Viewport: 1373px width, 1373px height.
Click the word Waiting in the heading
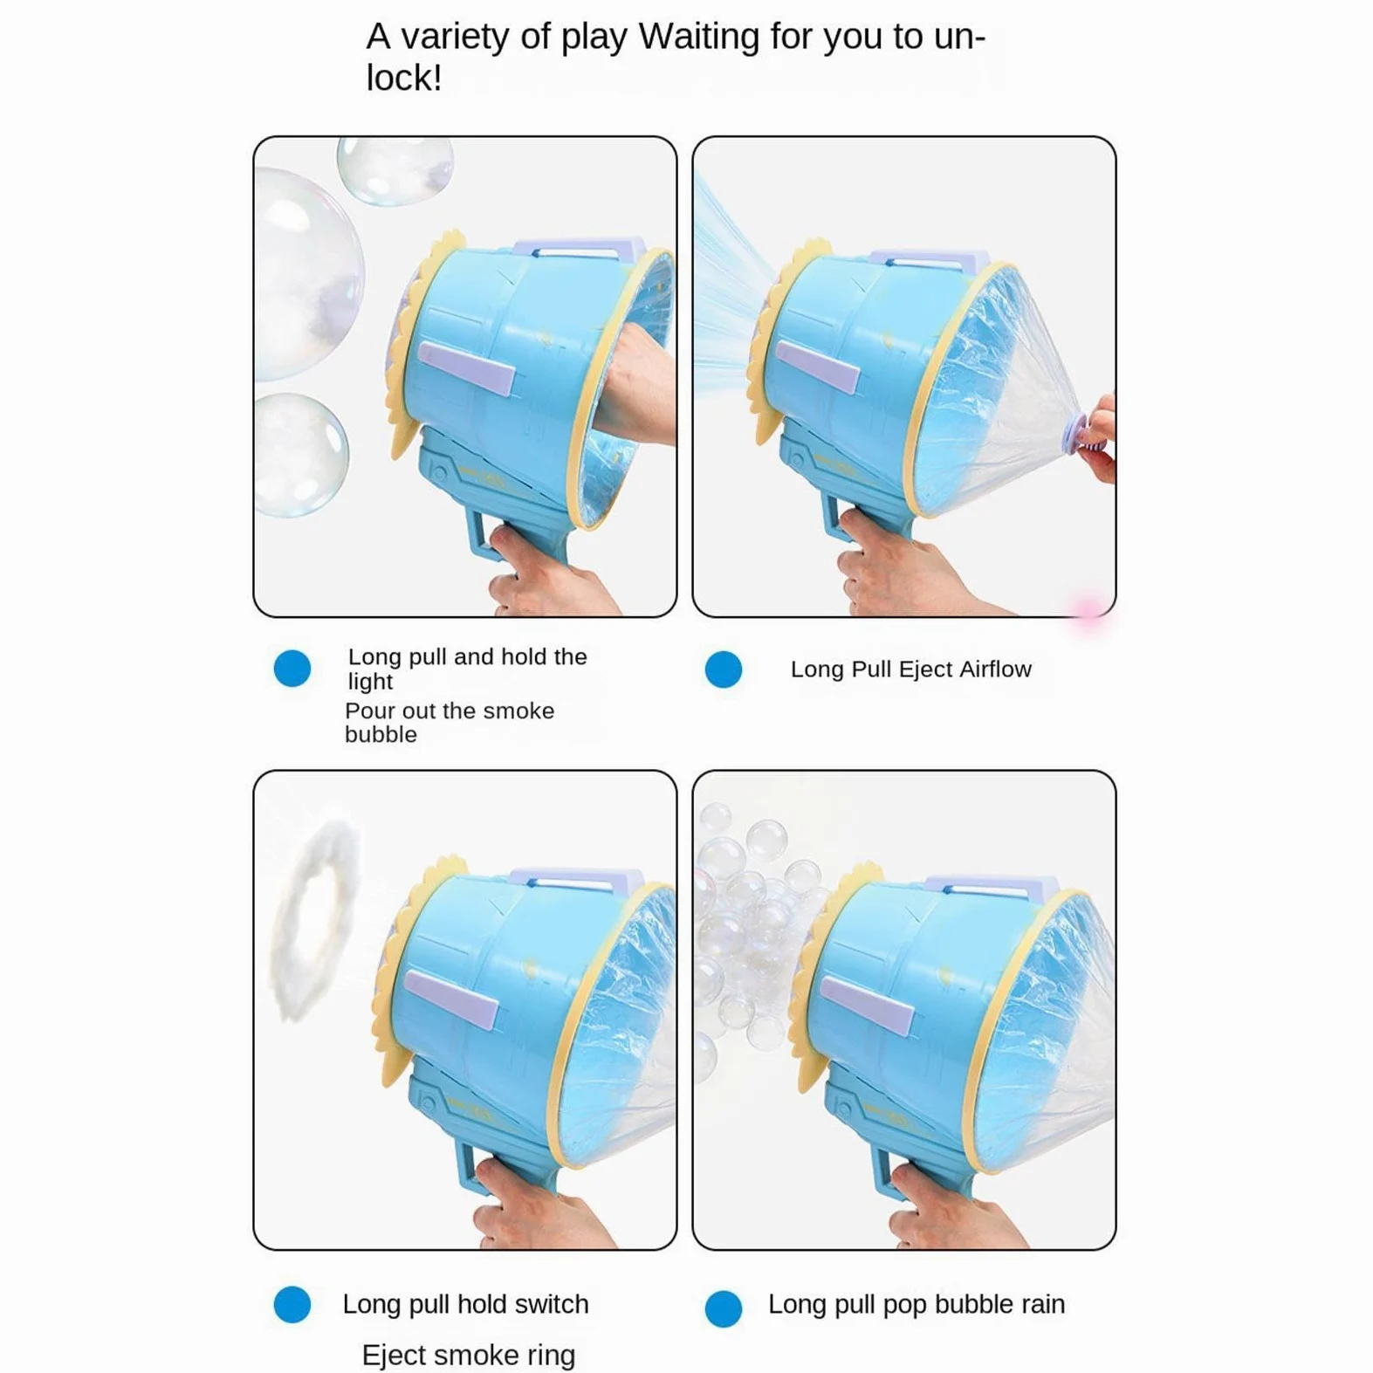[x=699, y=38]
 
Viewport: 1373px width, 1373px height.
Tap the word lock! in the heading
[x=404, y=78]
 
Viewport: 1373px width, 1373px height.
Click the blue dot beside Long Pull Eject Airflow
[x=724, y=669]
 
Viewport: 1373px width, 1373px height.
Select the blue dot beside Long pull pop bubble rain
[x=724, y=1308]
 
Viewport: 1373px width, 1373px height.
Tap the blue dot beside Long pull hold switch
[x=292, y=1304]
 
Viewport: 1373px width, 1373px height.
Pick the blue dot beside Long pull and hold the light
[x=292, y=669]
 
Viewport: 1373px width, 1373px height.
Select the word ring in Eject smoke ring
[x=551, y=1356]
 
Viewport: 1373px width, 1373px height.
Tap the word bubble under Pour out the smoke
[x=381, y=735]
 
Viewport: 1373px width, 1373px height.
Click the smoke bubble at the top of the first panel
[x=395, y=169]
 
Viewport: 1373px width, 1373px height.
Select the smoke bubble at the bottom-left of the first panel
[x=300, y=455]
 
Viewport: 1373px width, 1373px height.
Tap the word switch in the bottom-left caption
[x=551, y=1304]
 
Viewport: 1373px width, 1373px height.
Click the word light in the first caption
[x=370, y=682]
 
